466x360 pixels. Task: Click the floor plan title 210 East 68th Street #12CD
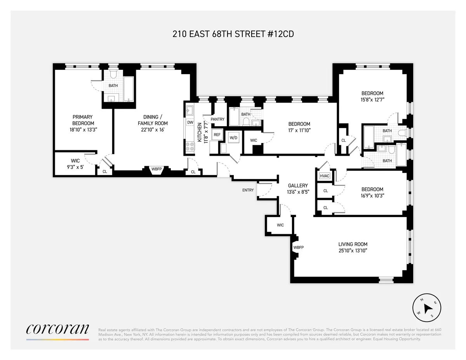coord(233,34)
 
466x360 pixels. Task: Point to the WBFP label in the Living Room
coord(298,247)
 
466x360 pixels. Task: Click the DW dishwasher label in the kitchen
coord(190,122)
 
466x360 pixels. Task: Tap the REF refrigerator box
coord(217,134)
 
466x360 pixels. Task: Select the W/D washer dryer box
coord(233,137)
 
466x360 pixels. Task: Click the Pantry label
coord(217,119)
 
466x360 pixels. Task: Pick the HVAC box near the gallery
coord(324,176)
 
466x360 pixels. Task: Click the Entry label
coord(248,190)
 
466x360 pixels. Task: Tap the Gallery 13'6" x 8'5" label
coord(298,188)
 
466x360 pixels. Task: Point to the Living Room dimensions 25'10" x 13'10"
coord(353,250)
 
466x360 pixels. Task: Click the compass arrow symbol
coord(428,308)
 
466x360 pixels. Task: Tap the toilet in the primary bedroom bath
coord(113,74)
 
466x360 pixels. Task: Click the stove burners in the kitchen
coord(190,147)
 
